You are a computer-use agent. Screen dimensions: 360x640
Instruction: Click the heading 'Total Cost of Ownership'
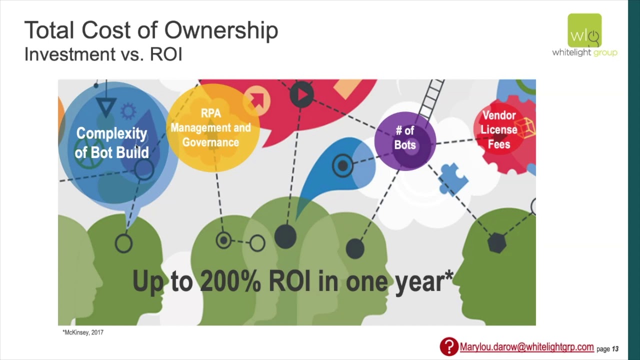[151, 30]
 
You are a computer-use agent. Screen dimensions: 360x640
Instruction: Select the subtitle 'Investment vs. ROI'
[103, 54]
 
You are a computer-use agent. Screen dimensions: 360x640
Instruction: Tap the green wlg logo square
[584, 30]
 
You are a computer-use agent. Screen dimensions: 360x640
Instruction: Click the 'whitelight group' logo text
[584, 52]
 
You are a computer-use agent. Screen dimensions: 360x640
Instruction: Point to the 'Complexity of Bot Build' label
[111, 143]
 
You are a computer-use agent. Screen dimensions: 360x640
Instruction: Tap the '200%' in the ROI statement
[230, 281]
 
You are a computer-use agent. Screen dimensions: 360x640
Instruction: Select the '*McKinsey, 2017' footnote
[83, 332]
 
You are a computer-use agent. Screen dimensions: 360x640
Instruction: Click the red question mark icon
[449, 346]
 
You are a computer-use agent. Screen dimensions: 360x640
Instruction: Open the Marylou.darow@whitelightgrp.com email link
[526, 347]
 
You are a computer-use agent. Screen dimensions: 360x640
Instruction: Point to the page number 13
[615, 349]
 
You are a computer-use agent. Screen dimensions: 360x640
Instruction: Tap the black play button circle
[301, 95]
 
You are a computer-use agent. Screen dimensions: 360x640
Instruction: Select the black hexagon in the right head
[497, 243]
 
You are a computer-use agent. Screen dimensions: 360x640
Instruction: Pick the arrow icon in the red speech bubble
[257, 99]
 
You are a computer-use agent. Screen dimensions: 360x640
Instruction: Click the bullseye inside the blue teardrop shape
[343, 165]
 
